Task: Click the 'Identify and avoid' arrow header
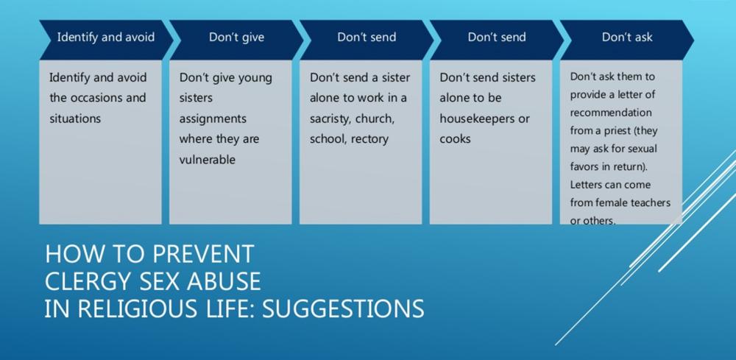click(x=106, y=40)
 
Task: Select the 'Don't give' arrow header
click(x=236, y=40)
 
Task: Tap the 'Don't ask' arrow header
click(x=627, y=40)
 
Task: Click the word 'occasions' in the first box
click(x=99, y=98)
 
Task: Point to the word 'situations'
click(x=75, y=119)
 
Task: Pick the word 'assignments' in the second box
click(x=213, y=119)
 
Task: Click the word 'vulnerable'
click(x=207, y=160)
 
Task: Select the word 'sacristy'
click(x=330, y=119)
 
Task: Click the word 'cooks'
click(x=455, y=139)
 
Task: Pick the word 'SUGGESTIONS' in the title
click(x=343, y=309)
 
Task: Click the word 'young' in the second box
click(x=255, y=78)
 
